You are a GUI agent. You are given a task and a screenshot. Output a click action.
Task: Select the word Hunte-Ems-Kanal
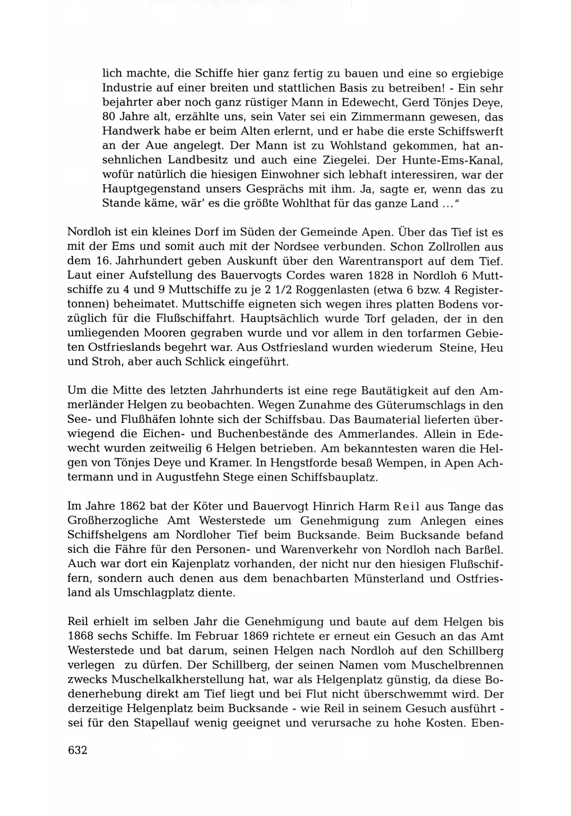click(x=452, y=160)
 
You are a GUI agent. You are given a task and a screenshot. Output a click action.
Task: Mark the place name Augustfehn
click(x=186, y=477)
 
